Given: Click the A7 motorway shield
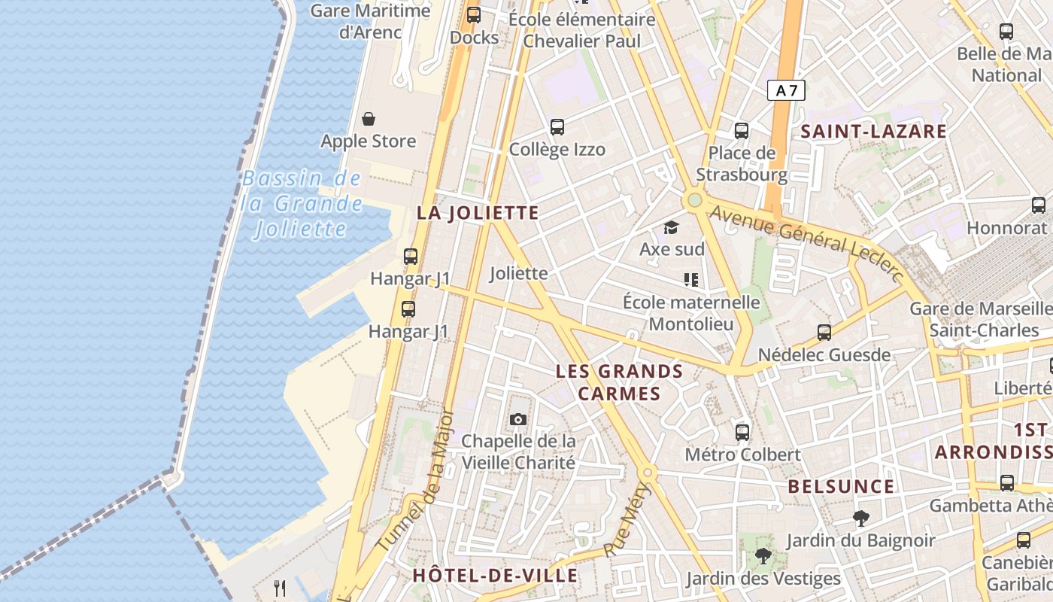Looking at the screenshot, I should [786, 90].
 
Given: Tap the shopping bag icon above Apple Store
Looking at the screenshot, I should [369, 119].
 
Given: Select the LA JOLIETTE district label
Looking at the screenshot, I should [478, 213].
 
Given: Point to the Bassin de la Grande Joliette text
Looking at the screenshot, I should [302, 203].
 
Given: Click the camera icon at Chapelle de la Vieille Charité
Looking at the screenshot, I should [517, 419].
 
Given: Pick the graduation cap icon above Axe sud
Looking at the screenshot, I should [671, 227].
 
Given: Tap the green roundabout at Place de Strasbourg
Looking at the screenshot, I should [694, 200].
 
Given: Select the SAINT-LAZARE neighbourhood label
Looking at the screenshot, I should [873, 132].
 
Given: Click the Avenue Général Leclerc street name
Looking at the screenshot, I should [805, 243].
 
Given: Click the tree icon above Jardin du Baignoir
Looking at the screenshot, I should [860, 518].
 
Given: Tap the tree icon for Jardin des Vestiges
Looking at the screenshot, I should [763, 556].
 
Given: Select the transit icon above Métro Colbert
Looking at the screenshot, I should [742, 432].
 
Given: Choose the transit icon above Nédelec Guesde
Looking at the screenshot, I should [824, 332].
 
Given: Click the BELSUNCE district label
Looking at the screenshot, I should [841, 487].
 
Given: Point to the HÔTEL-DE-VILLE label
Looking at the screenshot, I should [495, 576].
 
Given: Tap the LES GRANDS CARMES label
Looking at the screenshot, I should [619, 382].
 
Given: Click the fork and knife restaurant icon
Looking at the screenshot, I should [280, 588].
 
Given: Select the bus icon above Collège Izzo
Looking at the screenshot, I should [557, 126].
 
